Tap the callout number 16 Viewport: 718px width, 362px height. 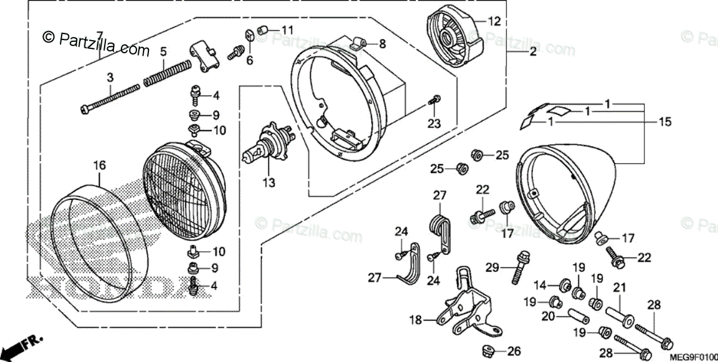(x=100, y=165)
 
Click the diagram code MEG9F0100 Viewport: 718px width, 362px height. (x=692, y=357)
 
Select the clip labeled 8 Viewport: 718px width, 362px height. (x=358, y=42)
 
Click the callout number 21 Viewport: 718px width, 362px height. (x=619, y=287)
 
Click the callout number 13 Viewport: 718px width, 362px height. (x=268, y=182)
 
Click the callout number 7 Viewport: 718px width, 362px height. (x=100, y=34)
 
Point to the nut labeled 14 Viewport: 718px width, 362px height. (x=564, y=284)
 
